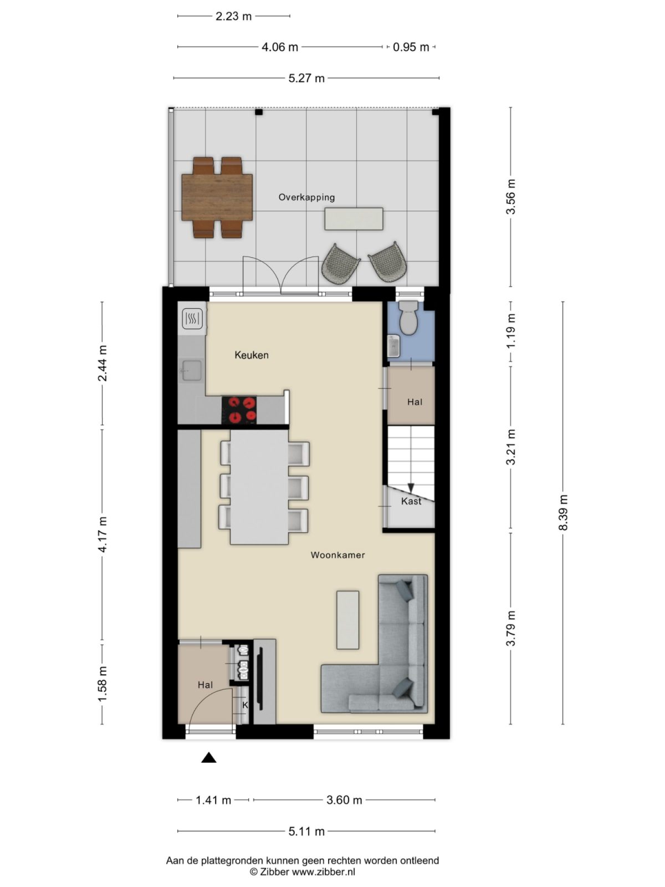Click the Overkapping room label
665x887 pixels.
point(306,197)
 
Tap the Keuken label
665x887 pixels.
point(251,355)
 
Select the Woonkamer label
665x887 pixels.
point(337,555)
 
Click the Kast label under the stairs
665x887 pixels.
point(411,501)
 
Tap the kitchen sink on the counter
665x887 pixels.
point(191,370)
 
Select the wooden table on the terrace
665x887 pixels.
point(217,197)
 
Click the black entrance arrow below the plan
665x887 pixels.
point(208,758)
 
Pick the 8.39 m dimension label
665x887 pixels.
point(563,513)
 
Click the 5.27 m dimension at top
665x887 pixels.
point(306,78)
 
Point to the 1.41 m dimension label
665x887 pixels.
point(213,800)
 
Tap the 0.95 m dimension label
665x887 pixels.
point(411,47)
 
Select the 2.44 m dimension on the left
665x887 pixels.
point(102,364)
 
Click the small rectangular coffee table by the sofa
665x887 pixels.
point(347,619)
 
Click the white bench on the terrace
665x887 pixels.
point(354,218)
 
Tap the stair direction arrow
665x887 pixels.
point(411,487)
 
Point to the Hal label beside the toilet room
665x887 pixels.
point(415,402)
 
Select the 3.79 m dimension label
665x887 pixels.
point(510,628)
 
